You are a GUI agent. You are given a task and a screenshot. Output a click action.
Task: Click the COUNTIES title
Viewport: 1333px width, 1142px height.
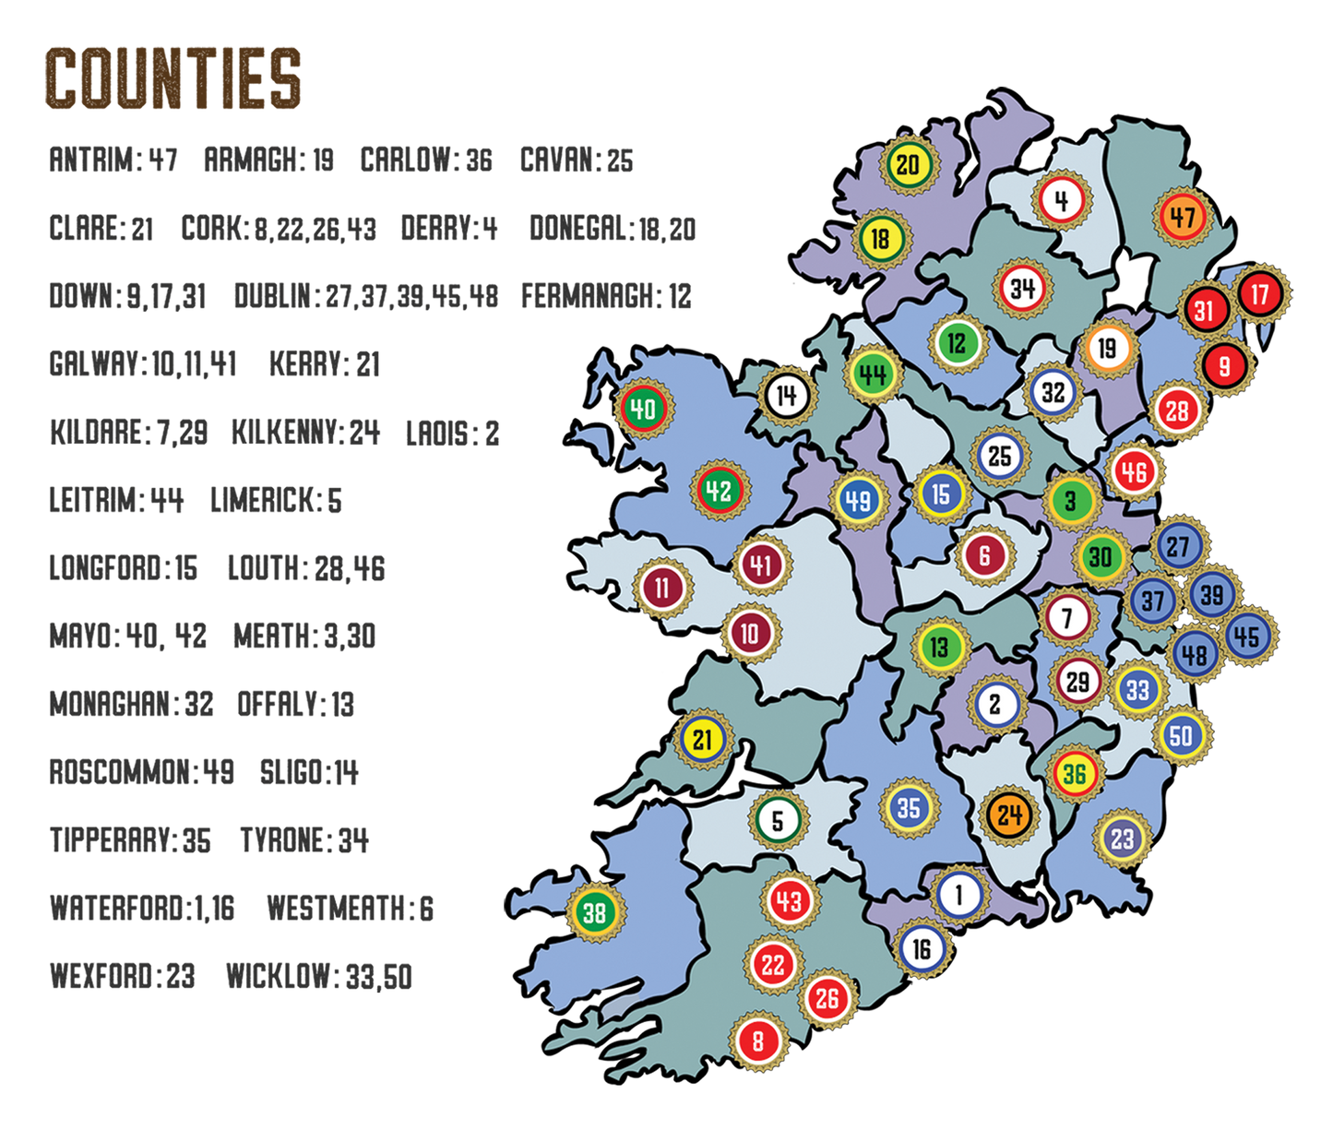[x=173, y=77]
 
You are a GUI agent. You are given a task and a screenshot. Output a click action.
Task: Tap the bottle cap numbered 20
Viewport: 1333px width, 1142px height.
[x=908, y=165]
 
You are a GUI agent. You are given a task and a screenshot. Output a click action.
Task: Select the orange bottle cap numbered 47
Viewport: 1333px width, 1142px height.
[x=1182, y=218]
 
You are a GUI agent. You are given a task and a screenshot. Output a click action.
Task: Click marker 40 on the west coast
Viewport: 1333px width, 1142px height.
[x=643, y=408]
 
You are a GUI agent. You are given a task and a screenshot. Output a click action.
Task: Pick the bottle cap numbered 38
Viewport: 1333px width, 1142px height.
[x=594, y=913]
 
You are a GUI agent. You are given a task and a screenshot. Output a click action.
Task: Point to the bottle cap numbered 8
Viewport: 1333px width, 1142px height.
[x=758, y=1041]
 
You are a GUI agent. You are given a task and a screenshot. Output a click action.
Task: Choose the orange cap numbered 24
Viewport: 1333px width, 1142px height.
[x=1009, y=815]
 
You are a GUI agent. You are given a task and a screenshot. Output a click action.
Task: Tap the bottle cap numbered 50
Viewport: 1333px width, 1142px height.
[x=1181, y=735]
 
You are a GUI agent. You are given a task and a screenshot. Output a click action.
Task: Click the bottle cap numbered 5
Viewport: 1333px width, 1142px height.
[x=778, y=820]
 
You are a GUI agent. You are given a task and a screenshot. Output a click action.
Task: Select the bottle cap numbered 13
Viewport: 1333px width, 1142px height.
[x=939, y=647]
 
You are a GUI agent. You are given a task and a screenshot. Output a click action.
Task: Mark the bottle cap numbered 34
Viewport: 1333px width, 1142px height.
[x=1022, y=289]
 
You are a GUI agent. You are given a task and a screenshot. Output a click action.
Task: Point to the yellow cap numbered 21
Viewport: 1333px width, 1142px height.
[x=703, y=739]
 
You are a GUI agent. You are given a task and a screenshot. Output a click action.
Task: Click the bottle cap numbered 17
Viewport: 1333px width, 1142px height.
[x=1260, y=294]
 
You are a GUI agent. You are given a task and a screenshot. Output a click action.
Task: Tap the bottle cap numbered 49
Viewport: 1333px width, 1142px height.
[x=858, y=500]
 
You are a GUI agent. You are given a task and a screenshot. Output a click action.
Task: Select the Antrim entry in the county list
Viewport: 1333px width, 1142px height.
[x=113, y=161]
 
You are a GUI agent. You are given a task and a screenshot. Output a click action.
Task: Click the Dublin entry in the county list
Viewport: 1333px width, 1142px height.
[x=365, y=296]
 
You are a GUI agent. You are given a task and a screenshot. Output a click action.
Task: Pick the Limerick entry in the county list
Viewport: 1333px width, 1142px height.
[x=276, y=501]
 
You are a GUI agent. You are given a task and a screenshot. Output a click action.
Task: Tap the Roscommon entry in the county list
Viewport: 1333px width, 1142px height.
[x=141, y=772]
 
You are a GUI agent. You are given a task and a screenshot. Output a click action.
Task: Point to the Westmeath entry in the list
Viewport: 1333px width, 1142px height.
[x=350, y=909]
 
